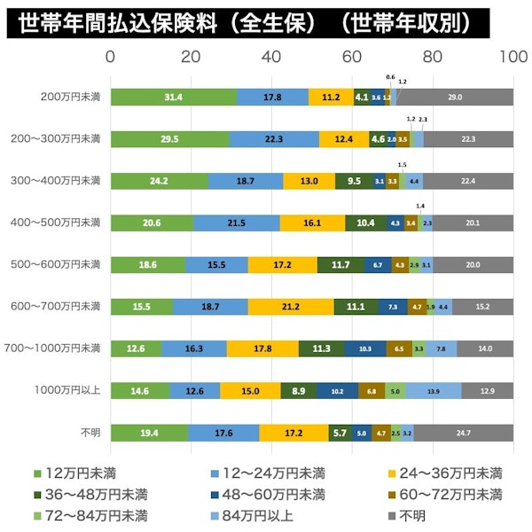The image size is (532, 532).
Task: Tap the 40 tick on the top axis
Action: [271, 58]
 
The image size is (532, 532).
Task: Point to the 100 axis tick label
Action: [512, 58]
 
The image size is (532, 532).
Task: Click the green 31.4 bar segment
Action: [174, 97]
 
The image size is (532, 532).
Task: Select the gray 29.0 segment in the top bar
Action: [455, 97]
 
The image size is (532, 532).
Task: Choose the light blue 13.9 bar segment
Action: [433, 390]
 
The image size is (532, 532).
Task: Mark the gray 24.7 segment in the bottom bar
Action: [463, 432]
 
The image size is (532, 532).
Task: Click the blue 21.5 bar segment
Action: [236, 223]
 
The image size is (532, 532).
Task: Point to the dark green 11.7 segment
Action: [340, 264]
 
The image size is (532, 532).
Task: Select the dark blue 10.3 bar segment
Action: [364, 348]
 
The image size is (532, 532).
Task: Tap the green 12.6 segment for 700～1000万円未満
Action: [136, 348]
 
